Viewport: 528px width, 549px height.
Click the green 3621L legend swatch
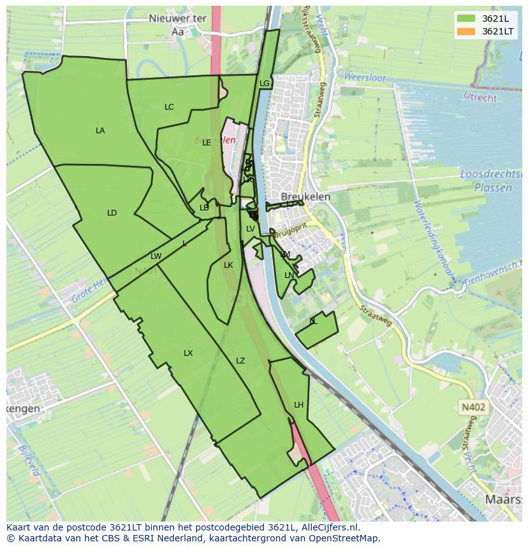[466, 18]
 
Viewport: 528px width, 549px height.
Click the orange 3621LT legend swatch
[466, 31]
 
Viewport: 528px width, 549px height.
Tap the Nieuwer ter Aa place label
[177, 24]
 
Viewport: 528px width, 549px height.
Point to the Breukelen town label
[305, 197]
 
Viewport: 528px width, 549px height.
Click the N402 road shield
[473, 407]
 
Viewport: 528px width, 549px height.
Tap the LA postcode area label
[100, 131]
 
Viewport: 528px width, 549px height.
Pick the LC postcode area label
[169, 107]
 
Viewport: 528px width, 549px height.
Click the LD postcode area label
[112, 213]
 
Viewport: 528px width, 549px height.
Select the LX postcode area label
[188, 353]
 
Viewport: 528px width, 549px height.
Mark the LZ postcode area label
[240, 361]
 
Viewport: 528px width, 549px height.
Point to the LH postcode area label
[298, 405]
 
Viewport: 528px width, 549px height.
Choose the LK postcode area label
[228, 265]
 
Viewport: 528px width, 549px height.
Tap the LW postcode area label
[156, 256]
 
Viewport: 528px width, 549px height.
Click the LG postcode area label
[265, 84]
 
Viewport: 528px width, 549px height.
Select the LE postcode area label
[207, 143]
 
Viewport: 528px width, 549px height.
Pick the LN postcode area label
[289, 275]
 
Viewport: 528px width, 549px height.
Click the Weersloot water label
[365, 78]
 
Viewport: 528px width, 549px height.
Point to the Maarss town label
[504, 499]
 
